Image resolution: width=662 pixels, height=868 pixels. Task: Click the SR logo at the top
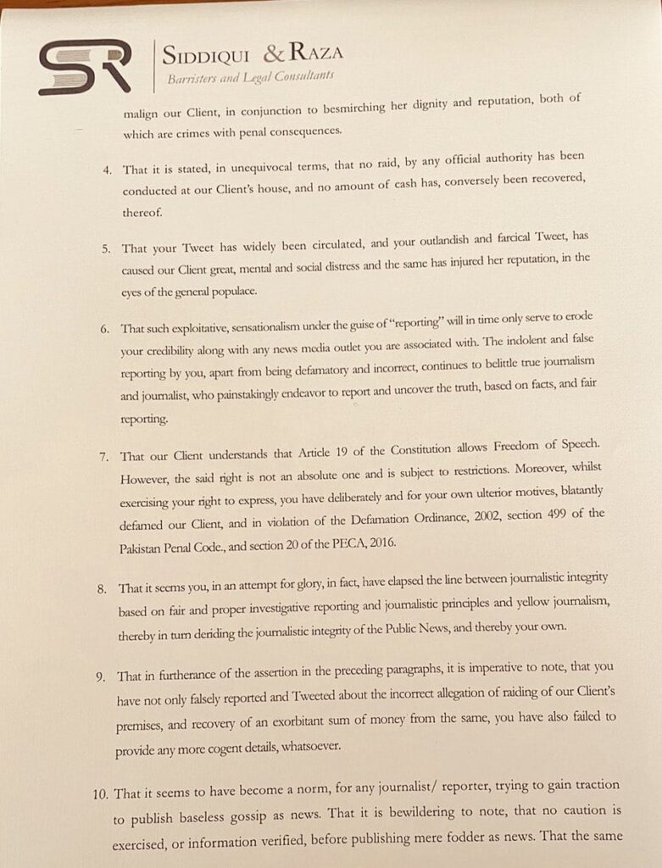tap(84, 66)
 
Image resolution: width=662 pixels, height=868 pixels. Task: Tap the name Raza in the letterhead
tap(316, 53)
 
